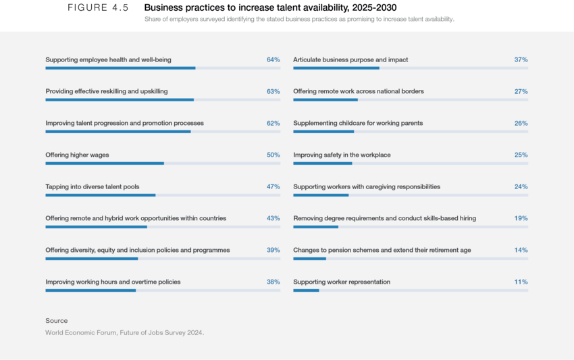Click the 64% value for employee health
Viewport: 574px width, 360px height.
(273, 59)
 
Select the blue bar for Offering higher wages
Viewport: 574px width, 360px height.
(105, 163)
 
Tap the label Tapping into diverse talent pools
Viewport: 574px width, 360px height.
(93, 186)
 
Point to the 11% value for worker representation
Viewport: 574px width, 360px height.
(521, 282)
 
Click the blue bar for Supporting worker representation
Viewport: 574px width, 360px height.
(306, 290)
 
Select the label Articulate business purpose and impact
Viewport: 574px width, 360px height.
(350, 59)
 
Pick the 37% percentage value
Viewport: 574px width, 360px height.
(521, 59)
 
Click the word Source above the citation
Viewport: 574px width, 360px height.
(57, 321)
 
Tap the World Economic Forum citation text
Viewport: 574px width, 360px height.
(124, 332)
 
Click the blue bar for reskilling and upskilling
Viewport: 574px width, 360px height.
(120, 99)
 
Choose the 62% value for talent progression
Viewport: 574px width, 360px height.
(273, 123)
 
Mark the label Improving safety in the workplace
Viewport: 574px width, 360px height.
(342, 155)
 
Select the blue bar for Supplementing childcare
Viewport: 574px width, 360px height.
(323, 131)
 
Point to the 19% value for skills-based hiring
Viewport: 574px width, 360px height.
(521, 218)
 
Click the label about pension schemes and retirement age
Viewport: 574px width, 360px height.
(382, 250)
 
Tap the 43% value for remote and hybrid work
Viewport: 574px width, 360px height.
(273, 218)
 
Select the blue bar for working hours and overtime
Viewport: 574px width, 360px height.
(90, 290)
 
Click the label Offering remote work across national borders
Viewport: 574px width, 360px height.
(359, 91)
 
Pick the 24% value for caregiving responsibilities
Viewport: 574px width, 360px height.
(521, 186)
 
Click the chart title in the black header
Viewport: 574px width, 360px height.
(299, 20)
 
